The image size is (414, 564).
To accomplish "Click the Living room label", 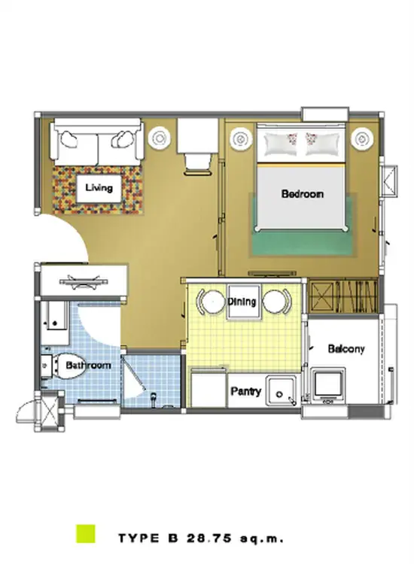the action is coord(99,187).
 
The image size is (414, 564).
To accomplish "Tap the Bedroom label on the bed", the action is coord(303,194).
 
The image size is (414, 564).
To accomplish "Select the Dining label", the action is coord(242,302).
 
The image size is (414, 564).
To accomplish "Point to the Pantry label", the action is coord(246,391).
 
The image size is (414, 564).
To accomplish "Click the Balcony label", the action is coord(346,348).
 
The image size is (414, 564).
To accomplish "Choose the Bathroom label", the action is coord(88,365).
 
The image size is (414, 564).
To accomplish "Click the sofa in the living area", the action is coord(96,142).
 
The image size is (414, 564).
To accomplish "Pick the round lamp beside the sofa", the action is coord(159,137).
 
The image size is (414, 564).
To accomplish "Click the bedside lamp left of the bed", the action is coord(240,138).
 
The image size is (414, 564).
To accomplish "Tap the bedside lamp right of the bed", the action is coord(362,138).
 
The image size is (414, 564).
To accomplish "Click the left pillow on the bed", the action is coord(282,144).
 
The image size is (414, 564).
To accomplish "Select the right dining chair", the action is coord(277,301).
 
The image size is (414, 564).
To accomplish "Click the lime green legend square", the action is coord(86,533).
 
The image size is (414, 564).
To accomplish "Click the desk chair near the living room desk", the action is coord(197,164).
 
